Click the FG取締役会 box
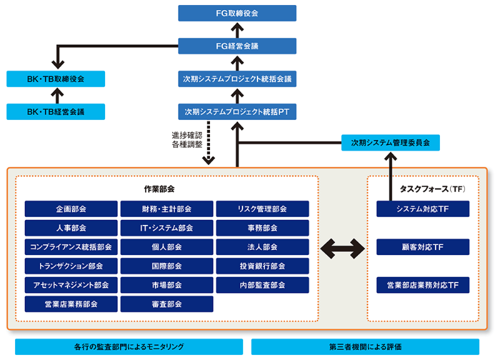(x=237, y=13)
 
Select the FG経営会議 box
(x=237, y=46)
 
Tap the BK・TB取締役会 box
(x=56, y=79)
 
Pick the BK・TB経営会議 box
(x=56, y=111)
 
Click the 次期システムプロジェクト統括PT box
(x=237, y=111)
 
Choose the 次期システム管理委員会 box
(x=391, y=143)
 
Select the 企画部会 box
(x=71, y=209)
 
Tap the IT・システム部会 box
(x=167, y=227)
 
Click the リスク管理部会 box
(x=262, y=209)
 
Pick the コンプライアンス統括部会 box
(x=71, y=247)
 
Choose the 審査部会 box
(x=167, y=304)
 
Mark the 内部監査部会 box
(x=262, y=285)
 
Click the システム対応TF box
(x=423, y=209)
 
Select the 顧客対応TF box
(x=423, y=247)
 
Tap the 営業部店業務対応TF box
(x=423, y=285)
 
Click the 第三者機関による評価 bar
(x=365, y=347)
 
